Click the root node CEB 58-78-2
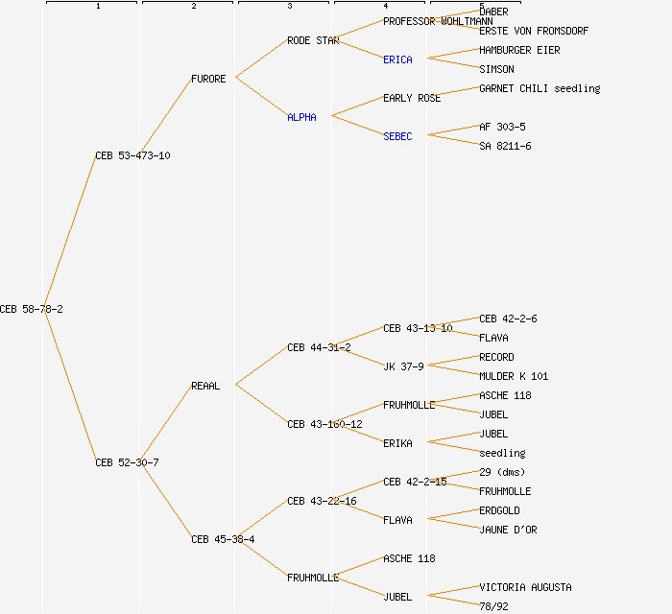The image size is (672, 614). pos(32,309)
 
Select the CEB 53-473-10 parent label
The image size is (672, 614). pos(132,155)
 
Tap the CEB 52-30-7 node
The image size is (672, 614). pos(127,462)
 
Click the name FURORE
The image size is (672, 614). pos(208,79)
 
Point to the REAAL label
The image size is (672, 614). pos(205,386)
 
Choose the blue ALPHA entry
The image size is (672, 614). pos(301,117)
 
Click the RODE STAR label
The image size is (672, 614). pos(313,40)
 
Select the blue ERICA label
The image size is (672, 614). pos(397,59)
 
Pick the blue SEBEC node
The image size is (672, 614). pos(397,136)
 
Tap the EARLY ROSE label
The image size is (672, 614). pos(412,98)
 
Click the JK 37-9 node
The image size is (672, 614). pos(403,366)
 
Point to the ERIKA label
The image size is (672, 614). pos(397,443)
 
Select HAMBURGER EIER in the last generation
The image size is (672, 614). pos(519,50)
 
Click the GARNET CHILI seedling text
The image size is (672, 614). pos(540,88)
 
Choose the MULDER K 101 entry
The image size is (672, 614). pos(514,376)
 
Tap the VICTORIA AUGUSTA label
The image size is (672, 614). pos(525,587)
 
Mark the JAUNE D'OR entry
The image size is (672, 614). pos(508,530)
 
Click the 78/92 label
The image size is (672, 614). pos(493,605)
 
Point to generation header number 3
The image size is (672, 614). pos(289,7)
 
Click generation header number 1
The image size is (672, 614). pos(97,7)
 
